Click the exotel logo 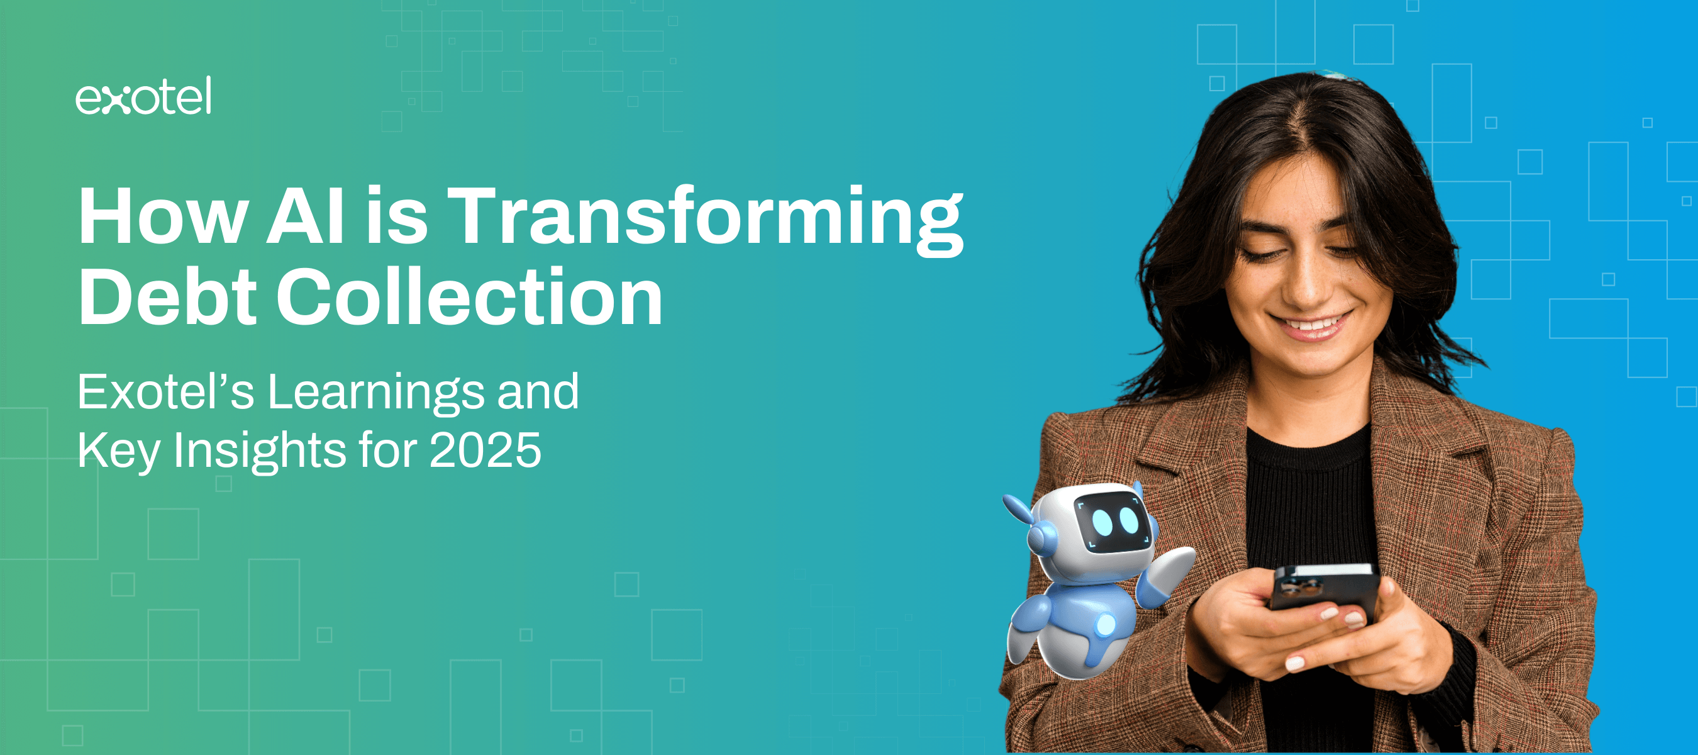143,96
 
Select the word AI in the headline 306,216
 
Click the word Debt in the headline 167,297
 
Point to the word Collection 469,297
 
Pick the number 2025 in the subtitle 485,450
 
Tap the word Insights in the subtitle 260,452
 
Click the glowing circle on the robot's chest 1106,624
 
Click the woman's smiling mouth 1311,325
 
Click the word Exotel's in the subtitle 165,392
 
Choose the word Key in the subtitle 119,452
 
